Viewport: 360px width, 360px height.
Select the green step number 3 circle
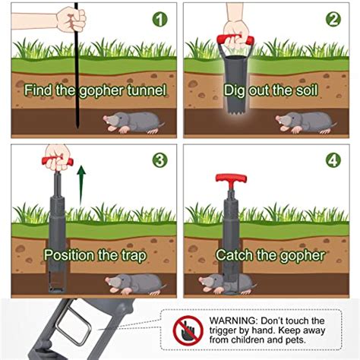[x=159, y=160]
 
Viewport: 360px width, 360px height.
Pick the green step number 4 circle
[x=333, y=160]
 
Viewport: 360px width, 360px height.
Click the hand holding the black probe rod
[x=71, y=19]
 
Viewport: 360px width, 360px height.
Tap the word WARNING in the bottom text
[x=232, y=321]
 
